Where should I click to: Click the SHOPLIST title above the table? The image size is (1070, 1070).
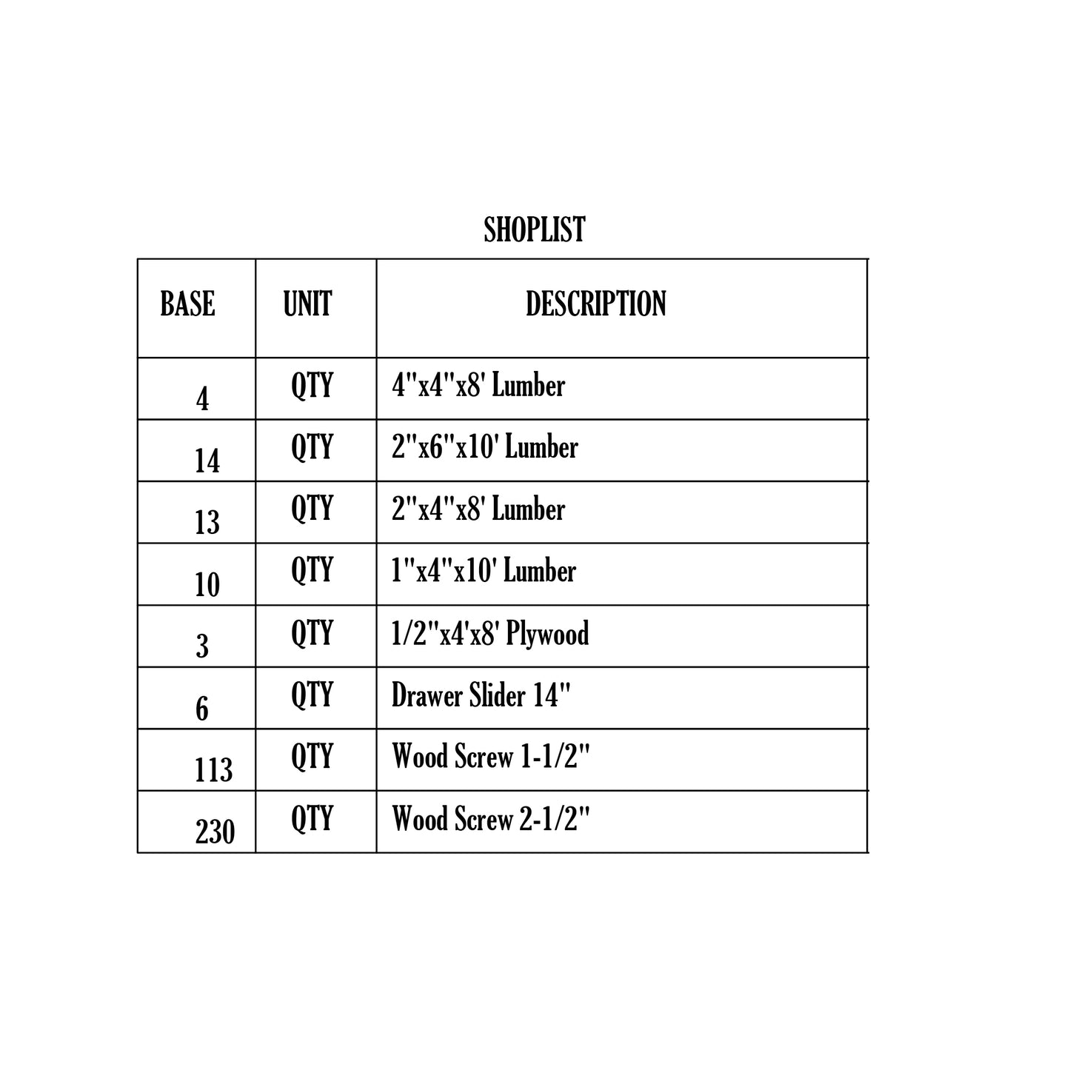point(534,230)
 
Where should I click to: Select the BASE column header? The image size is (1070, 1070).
point(187,304)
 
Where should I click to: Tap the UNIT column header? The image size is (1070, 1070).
point(307,304)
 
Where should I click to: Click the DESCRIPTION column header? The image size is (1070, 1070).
point(595,304)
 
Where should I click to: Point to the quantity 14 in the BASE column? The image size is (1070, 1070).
point(207,461)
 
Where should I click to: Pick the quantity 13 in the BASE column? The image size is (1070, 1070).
point(207,523)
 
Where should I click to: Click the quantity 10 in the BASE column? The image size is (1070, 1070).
point(207,585)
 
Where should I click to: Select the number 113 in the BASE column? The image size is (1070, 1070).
point(213,770)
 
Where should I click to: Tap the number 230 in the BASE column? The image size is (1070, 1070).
point(215,832)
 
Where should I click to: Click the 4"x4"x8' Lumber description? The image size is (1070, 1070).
point(478,386)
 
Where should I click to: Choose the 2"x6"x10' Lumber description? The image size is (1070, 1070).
point(484,447)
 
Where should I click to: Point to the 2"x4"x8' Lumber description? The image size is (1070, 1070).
point(478,509)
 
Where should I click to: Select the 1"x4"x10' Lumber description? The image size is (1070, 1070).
point(484,571)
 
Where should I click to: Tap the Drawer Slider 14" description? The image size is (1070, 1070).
point(481,695)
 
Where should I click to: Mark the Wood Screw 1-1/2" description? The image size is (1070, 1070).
point(491,757)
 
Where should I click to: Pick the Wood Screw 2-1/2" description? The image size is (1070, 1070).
point(491,819)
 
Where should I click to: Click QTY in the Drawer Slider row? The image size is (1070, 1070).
point(312,695)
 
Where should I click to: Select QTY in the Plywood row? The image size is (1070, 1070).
point(312,633)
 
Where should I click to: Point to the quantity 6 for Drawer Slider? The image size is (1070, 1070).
point(202,709)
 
